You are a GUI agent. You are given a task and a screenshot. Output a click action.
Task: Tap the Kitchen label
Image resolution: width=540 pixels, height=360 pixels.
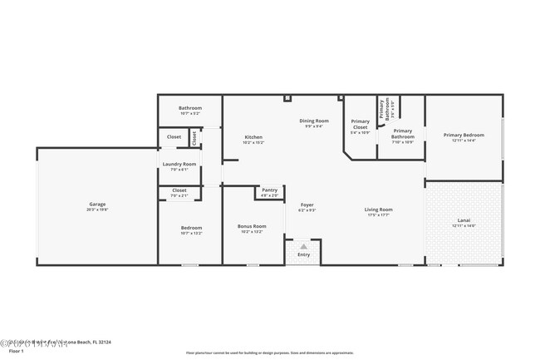[253, 137]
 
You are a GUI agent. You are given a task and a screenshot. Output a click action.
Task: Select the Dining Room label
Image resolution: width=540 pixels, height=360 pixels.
[314, 121]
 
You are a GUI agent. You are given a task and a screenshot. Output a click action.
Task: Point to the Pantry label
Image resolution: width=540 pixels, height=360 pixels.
[269, 190]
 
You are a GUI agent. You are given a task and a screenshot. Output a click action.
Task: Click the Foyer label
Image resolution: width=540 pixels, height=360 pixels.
[307, 205]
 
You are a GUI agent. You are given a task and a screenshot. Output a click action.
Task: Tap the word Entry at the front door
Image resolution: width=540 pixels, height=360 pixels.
[304, 254]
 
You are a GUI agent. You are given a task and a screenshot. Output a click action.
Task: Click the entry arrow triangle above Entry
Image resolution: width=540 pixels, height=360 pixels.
[304, 246]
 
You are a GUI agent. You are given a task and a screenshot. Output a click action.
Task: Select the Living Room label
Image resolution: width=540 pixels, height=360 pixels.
[379, 210]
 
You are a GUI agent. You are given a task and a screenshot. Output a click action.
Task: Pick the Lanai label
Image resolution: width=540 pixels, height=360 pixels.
[464, 220]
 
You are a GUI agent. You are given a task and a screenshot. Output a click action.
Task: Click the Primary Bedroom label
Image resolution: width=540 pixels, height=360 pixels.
[464, 135]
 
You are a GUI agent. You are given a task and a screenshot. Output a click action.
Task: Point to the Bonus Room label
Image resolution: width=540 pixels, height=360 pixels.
[251, 226]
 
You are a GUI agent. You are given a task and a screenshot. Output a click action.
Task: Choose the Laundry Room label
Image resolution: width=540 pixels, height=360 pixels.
[179, 164]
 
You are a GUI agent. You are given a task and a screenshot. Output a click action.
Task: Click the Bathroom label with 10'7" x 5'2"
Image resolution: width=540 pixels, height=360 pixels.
[190, 108]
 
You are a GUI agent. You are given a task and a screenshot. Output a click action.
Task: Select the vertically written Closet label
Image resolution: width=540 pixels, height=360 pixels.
[194, 137]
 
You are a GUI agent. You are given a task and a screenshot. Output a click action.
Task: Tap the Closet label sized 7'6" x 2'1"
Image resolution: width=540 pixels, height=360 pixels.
[179, 190]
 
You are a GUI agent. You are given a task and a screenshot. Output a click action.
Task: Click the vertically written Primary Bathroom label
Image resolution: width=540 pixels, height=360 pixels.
[385, 109]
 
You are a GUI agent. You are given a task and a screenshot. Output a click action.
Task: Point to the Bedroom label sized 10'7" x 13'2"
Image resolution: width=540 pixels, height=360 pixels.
[191, 228]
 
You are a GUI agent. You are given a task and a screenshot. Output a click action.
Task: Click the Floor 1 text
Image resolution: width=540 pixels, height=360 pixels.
[17, 351]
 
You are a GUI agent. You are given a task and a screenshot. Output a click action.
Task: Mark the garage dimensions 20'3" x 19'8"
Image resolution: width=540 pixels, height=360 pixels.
[98, 210]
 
